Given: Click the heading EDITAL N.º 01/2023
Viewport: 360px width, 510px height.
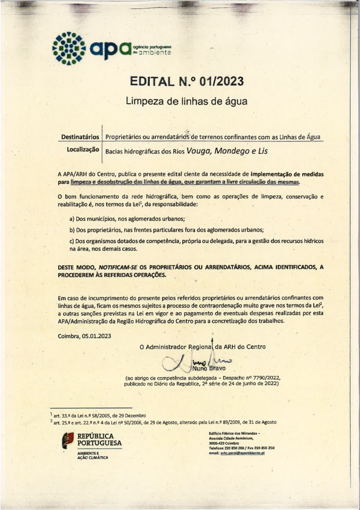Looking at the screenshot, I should coord(187,81).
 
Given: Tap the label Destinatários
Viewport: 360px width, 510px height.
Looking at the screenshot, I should coord(80,136).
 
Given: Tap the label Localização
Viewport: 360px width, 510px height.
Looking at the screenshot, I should coord(83,149).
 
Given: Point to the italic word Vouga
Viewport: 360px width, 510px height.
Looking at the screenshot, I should coord(198,151).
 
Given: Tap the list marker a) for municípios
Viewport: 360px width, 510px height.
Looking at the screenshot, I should coord(72,219).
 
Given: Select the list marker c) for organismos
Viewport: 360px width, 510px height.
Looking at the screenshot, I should coord(72,241).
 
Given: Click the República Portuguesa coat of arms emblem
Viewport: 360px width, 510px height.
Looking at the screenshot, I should coord(66,440).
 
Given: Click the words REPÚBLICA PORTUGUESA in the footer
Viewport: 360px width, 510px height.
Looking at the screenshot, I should coord(99,440).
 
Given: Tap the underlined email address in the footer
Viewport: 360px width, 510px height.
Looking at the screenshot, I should coord(242,453).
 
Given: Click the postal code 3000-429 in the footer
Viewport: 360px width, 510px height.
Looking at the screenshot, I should coord(218,443).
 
